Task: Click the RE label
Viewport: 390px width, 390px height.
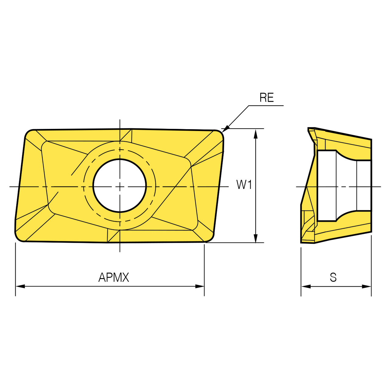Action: (x=267, y=98)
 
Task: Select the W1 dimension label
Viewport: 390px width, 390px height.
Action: (x=244, y=185)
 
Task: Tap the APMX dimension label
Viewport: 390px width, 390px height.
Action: (x=114, y=277)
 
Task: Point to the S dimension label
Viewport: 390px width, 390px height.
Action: (x=333, y=278)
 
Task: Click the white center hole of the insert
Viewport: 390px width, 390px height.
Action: (x=120, y=186)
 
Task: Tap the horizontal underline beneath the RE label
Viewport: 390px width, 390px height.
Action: (x=266, y=106)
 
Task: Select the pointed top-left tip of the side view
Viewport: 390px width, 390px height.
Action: (x=309, y=129)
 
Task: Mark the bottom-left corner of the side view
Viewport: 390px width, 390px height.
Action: (x=302, y=242)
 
